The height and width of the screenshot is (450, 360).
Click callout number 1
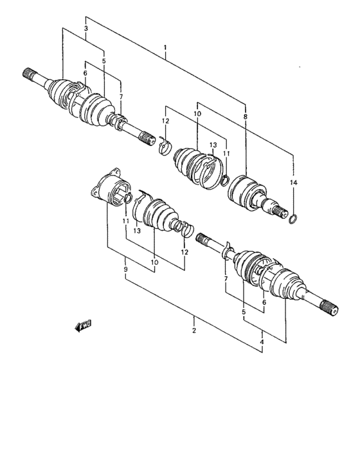point(165,48)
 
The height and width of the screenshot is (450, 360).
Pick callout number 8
point(245,116)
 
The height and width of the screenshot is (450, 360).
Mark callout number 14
point(293,183)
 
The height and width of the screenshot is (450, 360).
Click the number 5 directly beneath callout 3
point(104,62)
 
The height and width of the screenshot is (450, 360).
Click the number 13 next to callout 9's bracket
point(137,231)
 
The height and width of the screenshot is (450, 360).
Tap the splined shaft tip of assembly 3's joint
point(29,74)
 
